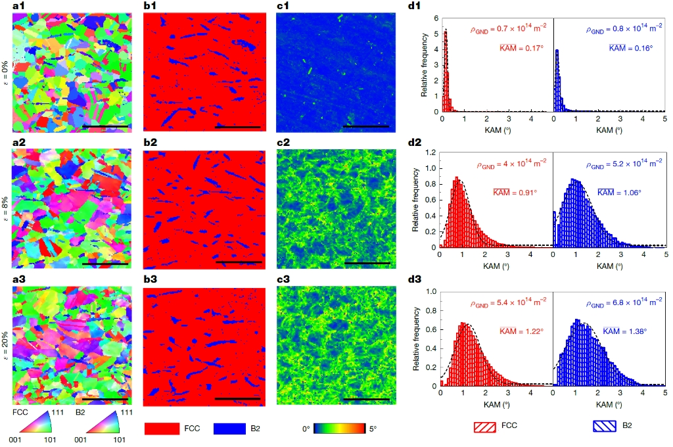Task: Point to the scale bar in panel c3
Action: click(x=367, y=398)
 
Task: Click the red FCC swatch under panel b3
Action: click(x=162, y=428)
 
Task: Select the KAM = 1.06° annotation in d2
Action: click(x=619, y=193)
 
